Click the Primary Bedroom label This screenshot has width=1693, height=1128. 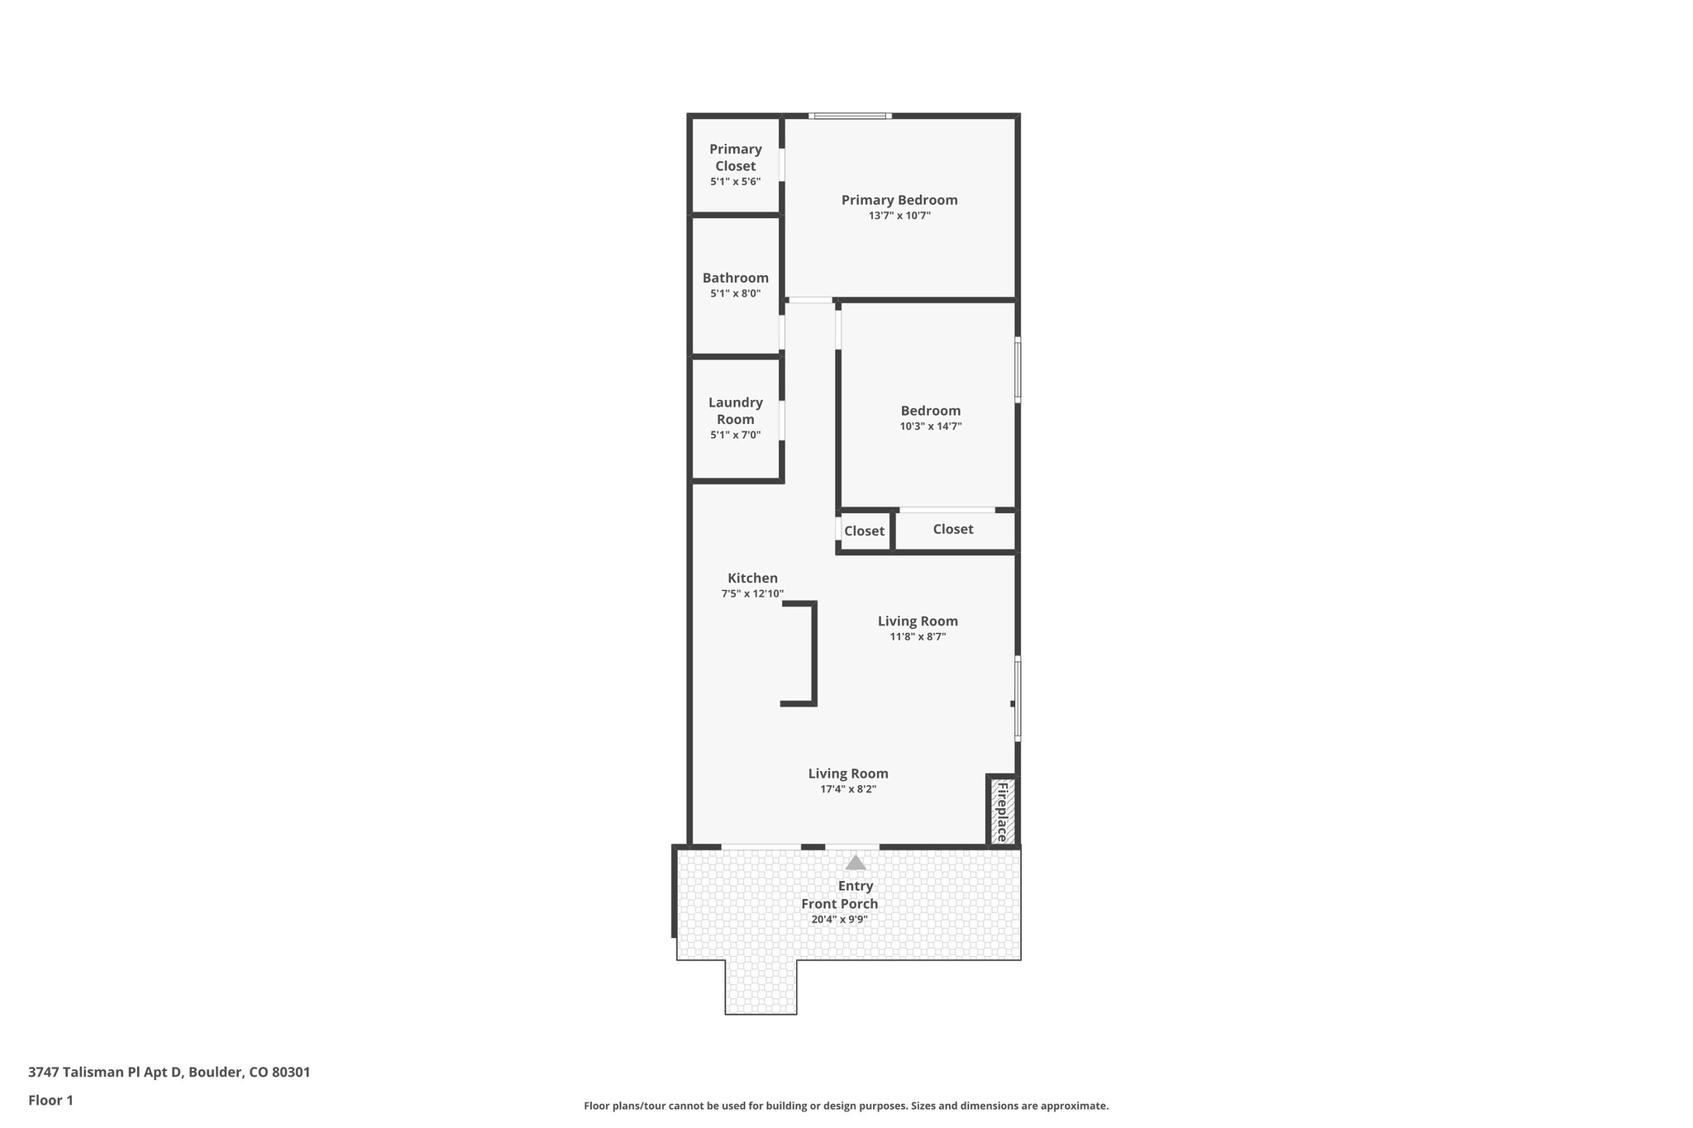coord(899,200)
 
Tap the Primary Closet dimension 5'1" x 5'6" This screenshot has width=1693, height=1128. coord(735,182)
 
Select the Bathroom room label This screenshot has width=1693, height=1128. coord(735,278)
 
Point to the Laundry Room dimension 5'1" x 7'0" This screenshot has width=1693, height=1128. coord(735,435)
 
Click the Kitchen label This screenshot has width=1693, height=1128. coord(752,578)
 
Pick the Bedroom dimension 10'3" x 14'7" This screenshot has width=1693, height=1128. coord(931,426)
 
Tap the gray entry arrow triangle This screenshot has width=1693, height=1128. coord(856,864)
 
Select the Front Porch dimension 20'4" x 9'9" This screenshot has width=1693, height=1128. coord(839,919)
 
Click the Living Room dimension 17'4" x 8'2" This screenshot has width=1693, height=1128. coord(848,789)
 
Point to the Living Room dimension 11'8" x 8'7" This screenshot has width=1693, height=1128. coord(918,637)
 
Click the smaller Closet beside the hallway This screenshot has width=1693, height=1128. coord(864,531)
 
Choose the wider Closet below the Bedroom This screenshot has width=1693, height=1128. coord(953,530)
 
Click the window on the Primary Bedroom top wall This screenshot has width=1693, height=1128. coord(850,116)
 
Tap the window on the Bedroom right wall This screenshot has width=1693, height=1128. coord(1018,369)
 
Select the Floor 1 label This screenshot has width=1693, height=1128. coord(50,1101)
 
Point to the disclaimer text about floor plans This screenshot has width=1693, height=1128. coord(846,1106)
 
